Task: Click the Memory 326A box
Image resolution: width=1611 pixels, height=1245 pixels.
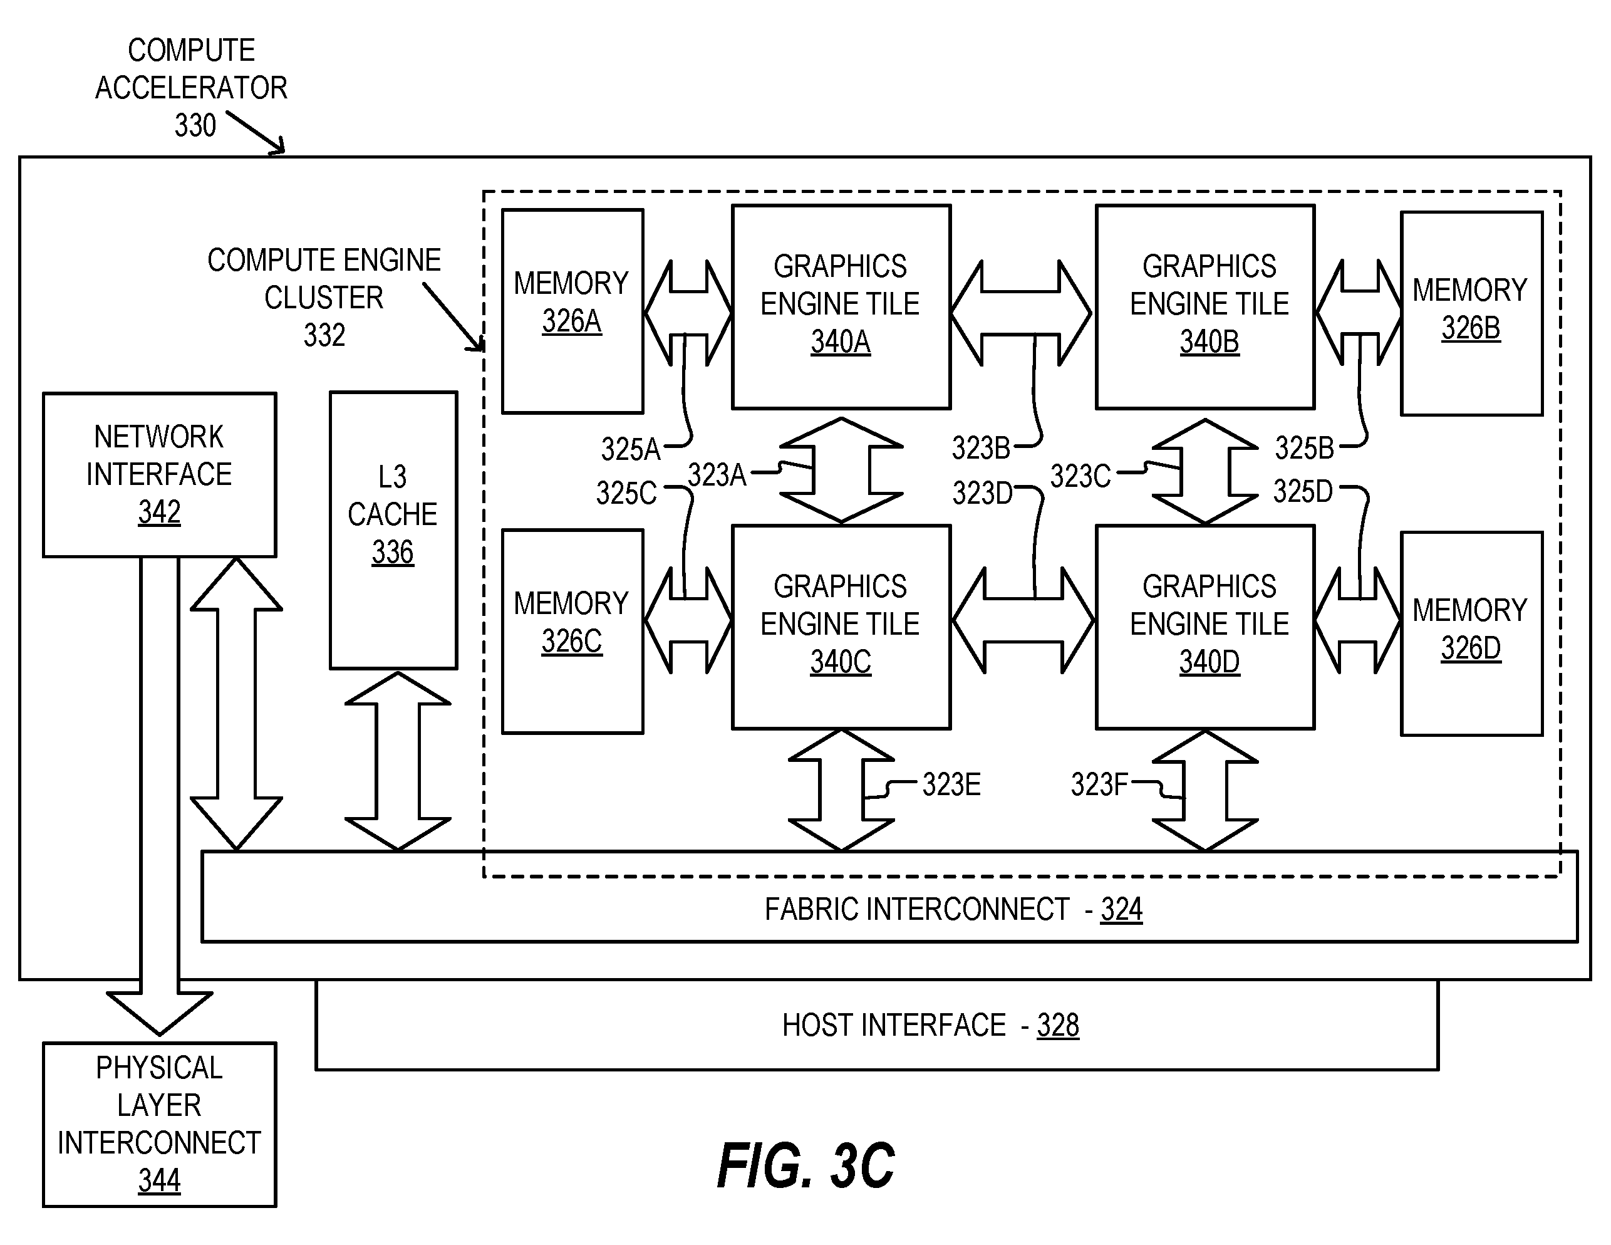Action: click(572, 311)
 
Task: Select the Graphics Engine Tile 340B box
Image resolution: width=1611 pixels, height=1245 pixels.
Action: click(1205, 307)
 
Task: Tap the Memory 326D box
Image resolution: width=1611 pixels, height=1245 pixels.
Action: click(1471, 633)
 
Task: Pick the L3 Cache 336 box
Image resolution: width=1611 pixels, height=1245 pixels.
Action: click(393, 530)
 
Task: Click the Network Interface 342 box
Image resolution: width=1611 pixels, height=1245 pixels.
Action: click(159, 474)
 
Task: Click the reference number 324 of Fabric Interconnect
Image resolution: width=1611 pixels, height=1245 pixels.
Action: click(1121, 909)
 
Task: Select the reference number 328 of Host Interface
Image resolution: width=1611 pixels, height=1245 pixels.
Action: click(1058, 1025)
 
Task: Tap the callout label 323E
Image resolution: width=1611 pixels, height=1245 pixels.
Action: click(951, 784)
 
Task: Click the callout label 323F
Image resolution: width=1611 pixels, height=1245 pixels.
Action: click(1099, 784)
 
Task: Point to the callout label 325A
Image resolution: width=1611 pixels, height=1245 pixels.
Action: click(631, 449)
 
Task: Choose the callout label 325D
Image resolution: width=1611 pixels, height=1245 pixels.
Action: click(1303, 491)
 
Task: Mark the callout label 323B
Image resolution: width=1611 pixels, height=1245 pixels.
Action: click(981, 448)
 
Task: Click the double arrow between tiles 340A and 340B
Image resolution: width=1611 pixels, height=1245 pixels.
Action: click(1021, 313)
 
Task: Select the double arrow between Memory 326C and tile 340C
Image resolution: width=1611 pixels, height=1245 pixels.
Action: click(688, 620)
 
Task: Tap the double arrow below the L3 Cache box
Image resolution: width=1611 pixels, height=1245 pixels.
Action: click(398, 761)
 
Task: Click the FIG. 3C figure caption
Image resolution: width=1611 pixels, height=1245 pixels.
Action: click(805, 1166)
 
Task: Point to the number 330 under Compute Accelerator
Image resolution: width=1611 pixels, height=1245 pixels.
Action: click(195, 125)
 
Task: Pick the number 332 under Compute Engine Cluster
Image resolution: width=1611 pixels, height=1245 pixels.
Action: click(324, 335)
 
